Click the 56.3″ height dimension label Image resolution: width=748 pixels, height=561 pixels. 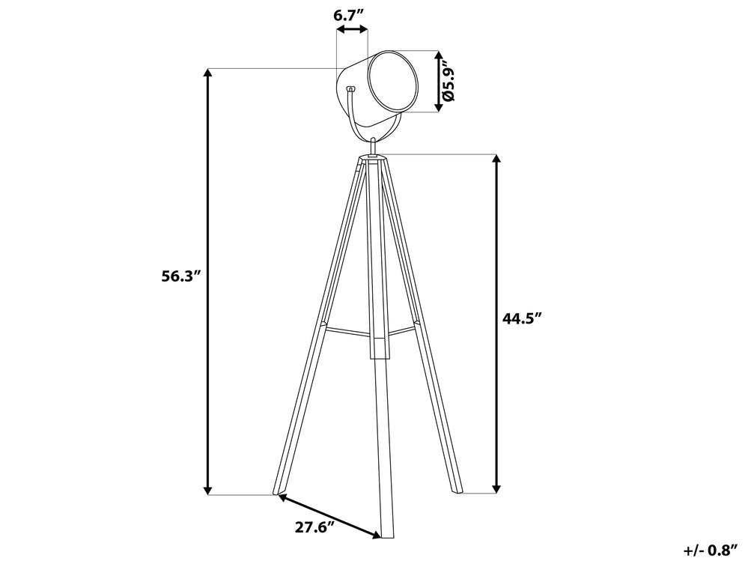(179, 276)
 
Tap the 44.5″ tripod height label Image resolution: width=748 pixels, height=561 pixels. (523, 318)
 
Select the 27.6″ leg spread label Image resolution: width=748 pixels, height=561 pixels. (313, 527)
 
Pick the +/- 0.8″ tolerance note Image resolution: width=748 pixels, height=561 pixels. (711, 550)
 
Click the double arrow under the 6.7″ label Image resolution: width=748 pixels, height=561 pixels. (352, 29)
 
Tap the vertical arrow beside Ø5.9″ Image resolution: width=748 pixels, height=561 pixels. (439, 82)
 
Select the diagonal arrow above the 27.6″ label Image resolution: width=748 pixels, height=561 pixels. (329, 516)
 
